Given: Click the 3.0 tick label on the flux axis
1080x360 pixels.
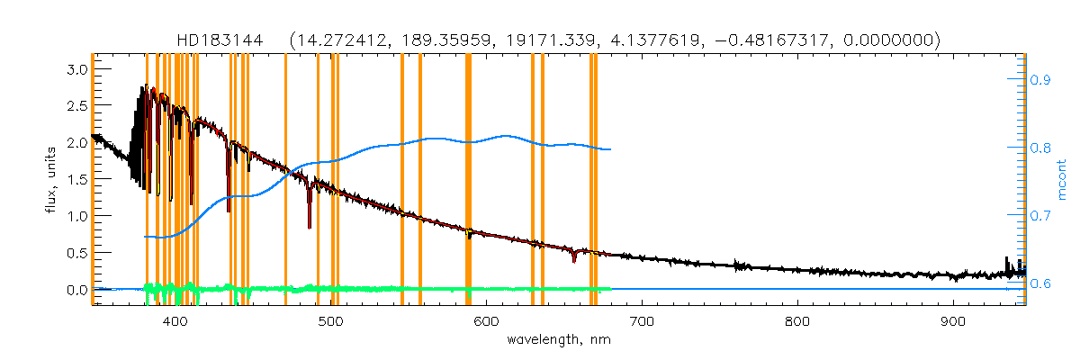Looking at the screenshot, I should [76, 69].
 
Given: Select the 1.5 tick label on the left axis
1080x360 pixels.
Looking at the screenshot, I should [76, 179].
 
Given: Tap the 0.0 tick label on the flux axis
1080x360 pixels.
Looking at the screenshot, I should [76, 290].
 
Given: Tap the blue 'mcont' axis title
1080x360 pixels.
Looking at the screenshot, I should [1065, 180].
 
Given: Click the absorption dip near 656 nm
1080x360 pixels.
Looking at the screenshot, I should [574, 258].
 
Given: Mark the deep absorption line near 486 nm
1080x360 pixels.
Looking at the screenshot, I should [310, 220].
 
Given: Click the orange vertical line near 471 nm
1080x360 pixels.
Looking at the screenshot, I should [285, 180].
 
